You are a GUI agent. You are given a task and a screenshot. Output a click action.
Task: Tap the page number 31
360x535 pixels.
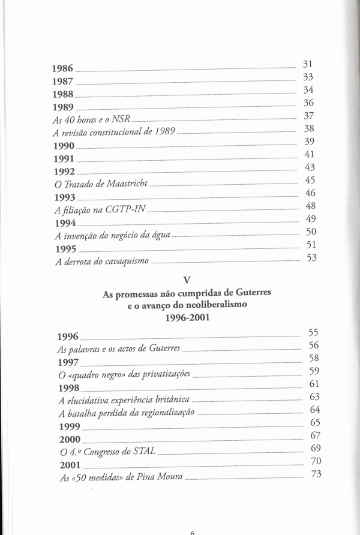(308, 64)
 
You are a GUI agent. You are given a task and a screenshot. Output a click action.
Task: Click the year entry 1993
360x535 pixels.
(65, 197)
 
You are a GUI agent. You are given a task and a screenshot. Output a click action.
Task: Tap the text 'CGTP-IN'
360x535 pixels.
(127, 210)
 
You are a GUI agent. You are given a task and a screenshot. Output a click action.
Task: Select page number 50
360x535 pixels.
(311, 232)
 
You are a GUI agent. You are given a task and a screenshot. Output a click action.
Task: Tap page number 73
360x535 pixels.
(319, 476)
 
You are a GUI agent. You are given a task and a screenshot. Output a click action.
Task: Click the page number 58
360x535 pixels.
(314, 358)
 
